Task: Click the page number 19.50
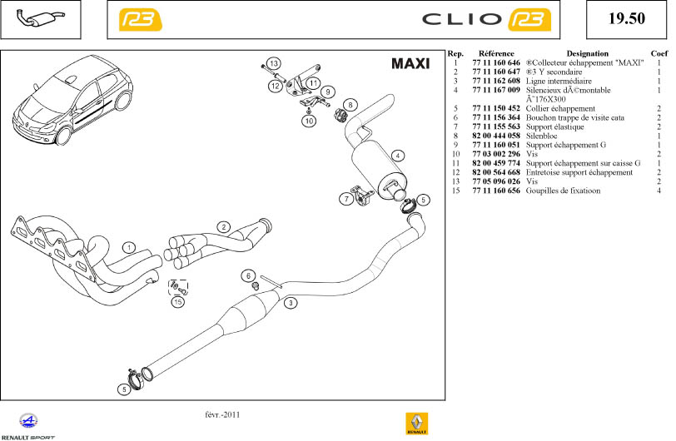click(x=627, y=19)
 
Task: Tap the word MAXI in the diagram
click(x=410, y=64)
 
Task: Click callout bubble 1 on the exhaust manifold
click(x=129, y=247)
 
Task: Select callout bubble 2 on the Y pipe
click(x=224, y=227)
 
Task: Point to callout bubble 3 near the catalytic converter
click(x=291, y=303)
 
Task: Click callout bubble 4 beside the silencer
click(x=399, y=156)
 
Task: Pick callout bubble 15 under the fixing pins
click(x=177, y=303)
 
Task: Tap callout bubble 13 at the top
click(x=274, y=64)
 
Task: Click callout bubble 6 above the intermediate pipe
click(x=247, y=275)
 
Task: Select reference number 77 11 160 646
click(x=495, y=62)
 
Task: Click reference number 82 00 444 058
click(x=495, y=136)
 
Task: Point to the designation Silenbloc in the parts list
click(x=544, y=136)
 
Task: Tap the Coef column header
click(x=659, y=53)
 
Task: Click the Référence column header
click(x=495, y=53)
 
